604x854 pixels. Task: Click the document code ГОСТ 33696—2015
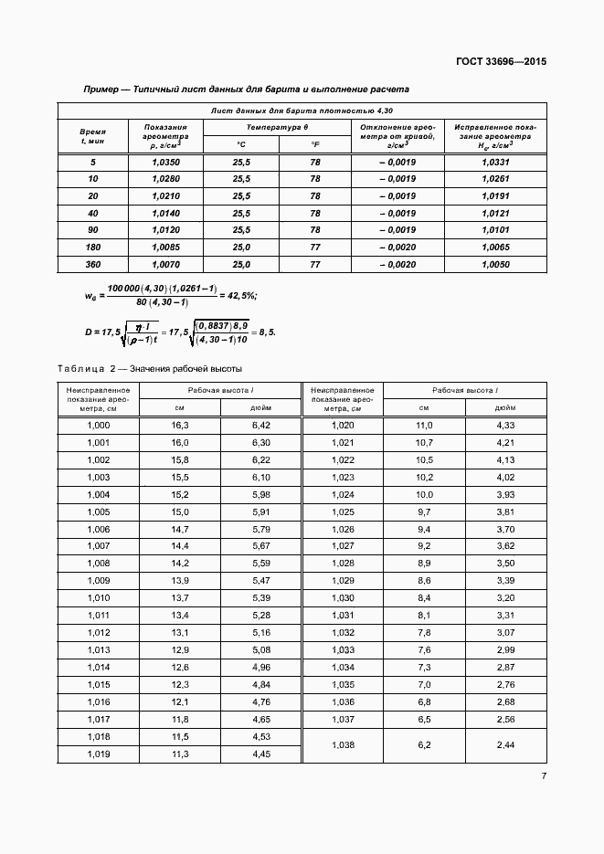coord(501,62)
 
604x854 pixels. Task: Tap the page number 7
coord(543,776)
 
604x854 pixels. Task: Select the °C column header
coord(240,144)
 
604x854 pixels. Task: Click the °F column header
coord(315,144)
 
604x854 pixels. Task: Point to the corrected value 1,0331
coord(494,162)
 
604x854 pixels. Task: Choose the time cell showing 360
coord(92,264)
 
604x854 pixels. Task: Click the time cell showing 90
coord(92,230)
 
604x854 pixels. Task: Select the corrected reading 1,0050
coord(494,264)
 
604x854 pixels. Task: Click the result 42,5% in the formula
coord(240,295)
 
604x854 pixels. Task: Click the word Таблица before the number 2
coord(81,369)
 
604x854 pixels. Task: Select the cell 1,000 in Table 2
coord(98,426)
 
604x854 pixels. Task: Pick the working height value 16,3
coord(180,426)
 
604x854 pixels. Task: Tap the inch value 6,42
coord(261,426)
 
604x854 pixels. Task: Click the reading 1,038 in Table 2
coord(343,745)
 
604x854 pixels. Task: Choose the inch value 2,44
coord(506,745)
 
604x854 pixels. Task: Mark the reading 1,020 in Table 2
coord(343,426)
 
